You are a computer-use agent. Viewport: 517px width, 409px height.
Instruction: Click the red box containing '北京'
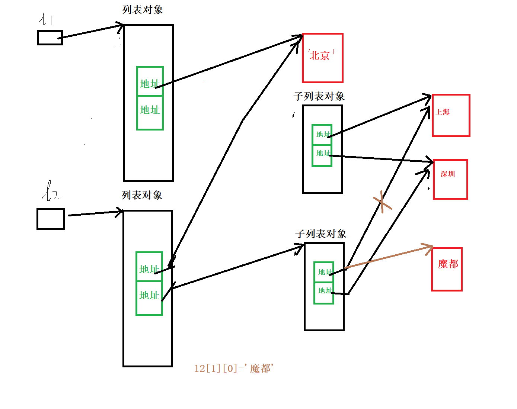point(322,58)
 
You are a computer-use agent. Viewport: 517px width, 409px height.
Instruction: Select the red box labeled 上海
point(451,115)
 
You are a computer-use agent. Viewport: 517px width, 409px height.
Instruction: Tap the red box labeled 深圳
point(450,179)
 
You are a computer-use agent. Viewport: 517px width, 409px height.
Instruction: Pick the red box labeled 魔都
point(447,269)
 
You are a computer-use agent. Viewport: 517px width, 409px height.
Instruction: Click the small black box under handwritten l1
point(50,38)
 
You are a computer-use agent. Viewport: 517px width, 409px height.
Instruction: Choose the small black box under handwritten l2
point(51,219)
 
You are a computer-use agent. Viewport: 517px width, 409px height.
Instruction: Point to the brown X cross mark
point(382,202)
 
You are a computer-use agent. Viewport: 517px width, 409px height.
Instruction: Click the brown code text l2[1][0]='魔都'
point(234,368)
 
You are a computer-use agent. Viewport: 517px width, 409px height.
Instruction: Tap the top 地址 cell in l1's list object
point(150,81)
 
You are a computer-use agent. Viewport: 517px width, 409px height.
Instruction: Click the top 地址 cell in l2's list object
point(149,267)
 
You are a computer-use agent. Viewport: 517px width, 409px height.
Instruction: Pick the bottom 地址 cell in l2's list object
point(149,298)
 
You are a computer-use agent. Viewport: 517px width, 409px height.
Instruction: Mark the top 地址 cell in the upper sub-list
point(322,134)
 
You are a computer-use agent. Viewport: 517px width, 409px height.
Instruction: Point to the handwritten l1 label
point(46,19)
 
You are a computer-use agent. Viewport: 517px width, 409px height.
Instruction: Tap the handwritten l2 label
point(51,191)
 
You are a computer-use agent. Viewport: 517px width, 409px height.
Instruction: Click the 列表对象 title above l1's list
point(143,10)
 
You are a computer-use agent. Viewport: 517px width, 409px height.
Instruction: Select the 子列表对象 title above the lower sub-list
point(321,234)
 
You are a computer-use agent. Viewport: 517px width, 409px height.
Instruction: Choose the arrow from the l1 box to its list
point(91,31)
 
